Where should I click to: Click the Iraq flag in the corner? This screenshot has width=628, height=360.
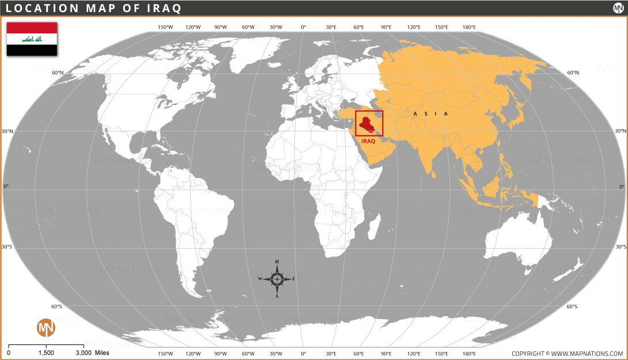coord(32,39)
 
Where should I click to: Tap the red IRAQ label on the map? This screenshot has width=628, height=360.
coord(368,141)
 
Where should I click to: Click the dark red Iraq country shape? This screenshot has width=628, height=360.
coord(366,124)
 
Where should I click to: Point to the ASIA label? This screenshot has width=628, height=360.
coord(430,114)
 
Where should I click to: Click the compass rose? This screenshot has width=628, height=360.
coord(277,279)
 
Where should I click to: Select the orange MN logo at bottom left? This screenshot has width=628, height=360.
coord(46,328)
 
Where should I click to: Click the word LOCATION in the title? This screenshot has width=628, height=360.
coord(37,8)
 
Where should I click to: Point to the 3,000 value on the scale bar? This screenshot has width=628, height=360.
coord(84,353)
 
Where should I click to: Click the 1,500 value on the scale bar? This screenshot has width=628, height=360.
coord(46,353)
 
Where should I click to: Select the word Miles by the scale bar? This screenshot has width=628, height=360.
coord(102,353)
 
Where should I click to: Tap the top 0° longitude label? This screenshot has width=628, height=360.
coord(303,27)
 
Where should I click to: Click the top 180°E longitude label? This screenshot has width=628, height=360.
coord(469,27)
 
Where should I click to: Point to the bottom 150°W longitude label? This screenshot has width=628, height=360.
coord(165,354)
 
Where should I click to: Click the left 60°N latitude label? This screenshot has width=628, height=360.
coord(58,73)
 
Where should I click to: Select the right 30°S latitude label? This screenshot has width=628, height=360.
coord(621,247)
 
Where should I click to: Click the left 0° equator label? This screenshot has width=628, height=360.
coord(7,187)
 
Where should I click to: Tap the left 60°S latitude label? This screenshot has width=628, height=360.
coord(56,306)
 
